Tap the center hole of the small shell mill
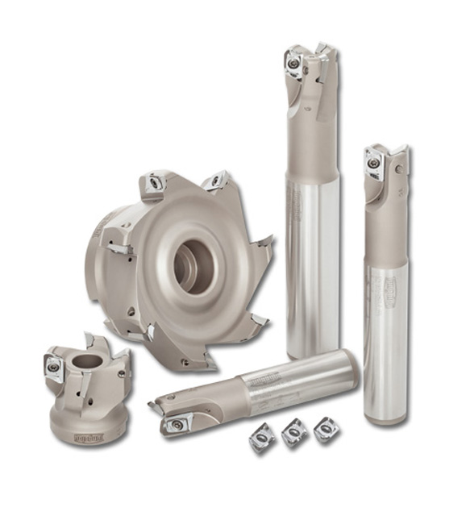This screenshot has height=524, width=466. click(x=87, y=360)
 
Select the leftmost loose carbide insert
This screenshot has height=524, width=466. click(x=262, y=435)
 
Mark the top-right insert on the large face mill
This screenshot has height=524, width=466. click(x=214, y=182)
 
